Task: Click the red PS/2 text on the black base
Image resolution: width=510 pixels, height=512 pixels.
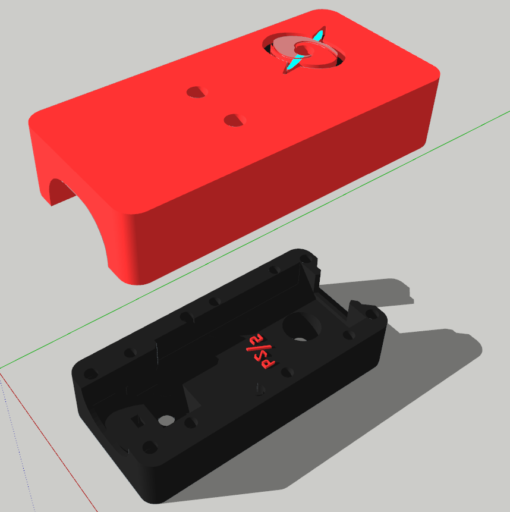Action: pyautogui.click(x=260, y=351)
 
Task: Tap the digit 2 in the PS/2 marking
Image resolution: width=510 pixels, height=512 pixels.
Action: pyautogui.click(x=257, y=340)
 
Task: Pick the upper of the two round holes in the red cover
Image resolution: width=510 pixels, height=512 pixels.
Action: pyautogui.click(x=197, y=92)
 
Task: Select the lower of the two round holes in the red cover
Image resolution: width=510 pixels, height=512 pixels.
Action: pyautogui.click(x=235, y=120)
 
